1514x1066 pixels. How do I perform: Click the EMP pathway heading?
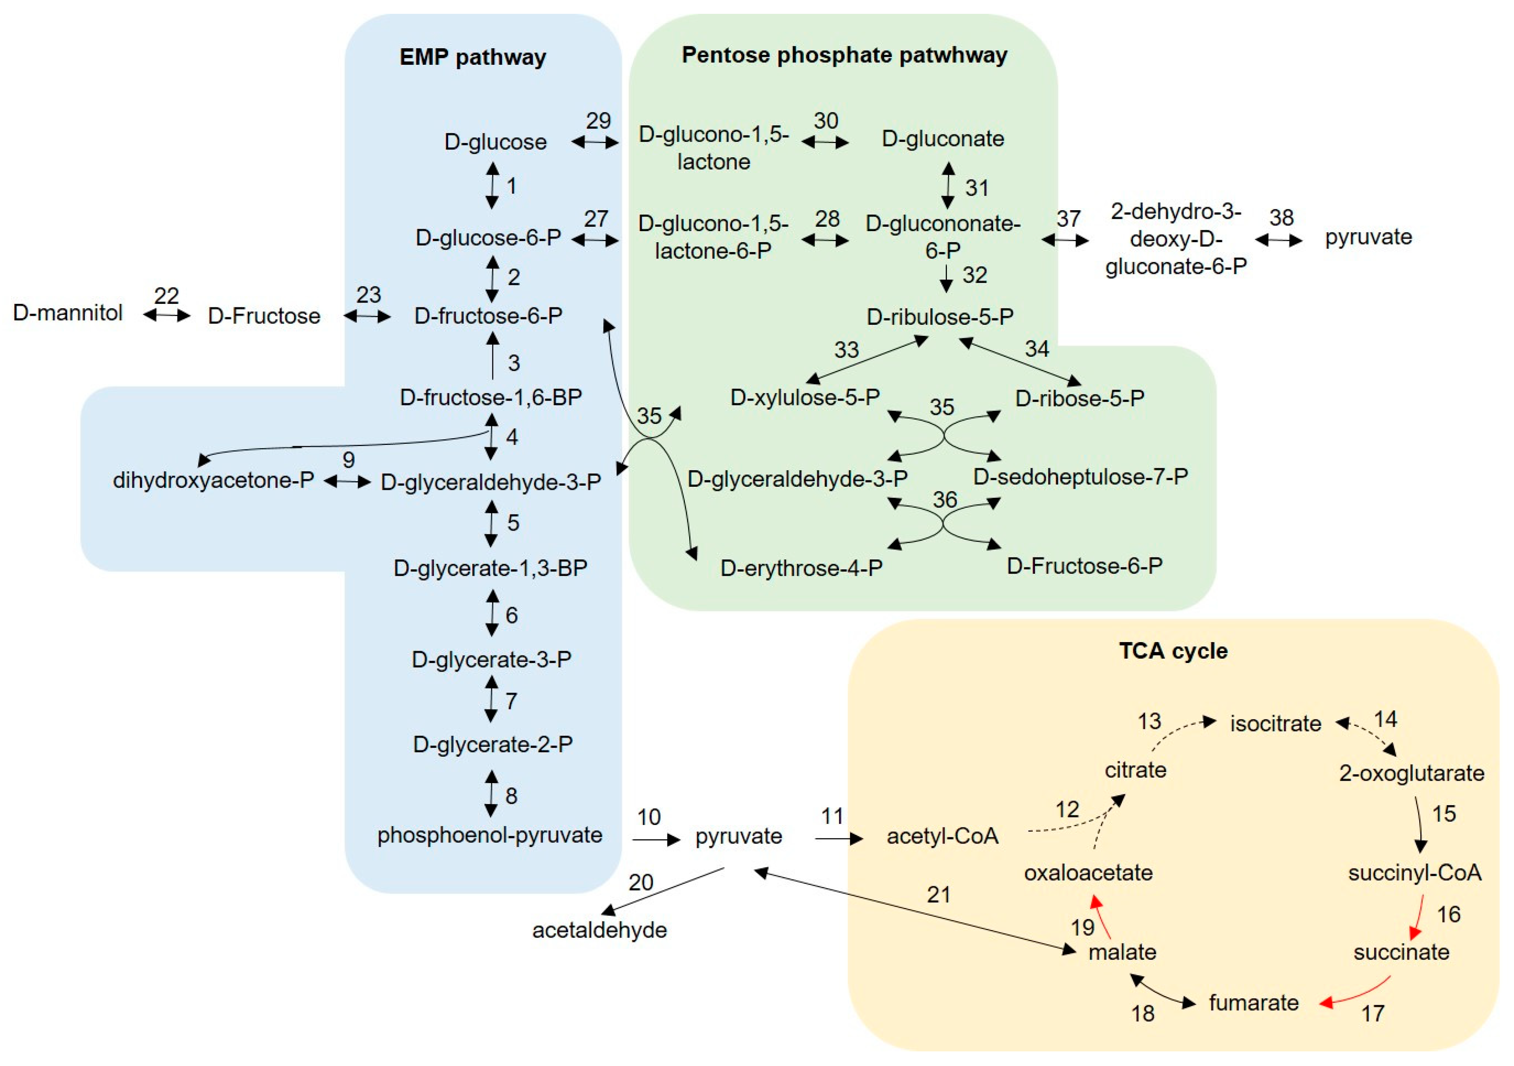pos(472,57)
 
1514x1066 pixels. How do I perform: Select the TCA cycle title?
pos(1173,651)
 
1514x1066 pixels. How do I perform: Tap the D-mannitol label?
pos(68,313)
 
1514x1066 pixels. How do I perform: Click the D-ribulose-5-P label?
pos(940,317)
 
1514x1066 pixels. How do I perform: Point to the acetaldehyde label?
pos(600,930)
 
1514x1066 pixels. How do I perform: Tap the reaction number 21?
pos(938,895)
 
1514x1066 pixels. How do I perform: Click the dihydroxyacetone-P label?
pos(213,480)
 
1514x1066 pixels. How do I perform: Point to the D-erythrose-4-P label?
pos(801,568)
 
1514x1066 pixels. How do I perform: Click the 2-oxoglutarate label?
pos(1411,773)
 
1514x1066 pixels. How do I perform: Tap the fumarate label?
pos(1253,1003)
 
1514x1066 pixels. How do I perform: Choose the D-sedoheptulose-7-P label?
pos(1080,476)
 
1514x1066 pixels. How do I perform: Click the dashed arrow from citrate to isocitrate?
pos(1180,732)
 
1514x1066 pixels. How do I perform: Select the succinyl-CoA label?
pos(1414,873)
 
